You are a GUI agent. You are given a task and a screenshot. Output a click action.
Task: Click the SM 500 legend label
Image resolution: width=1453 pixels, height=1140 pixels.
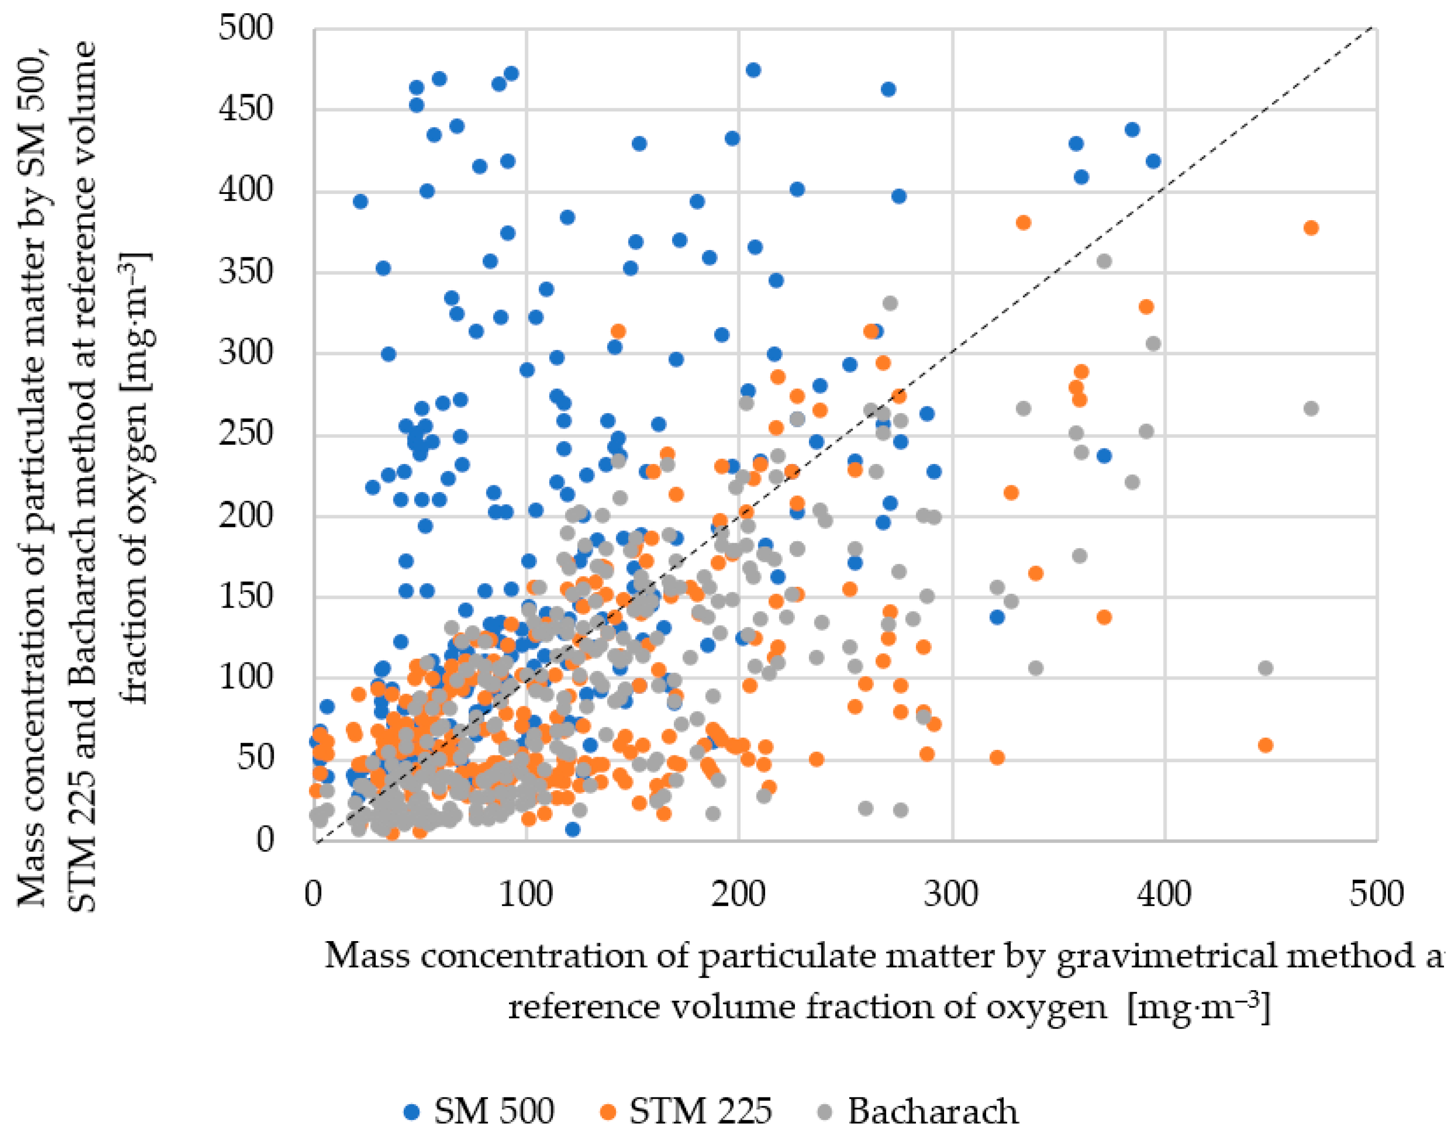[x=494, y=1112]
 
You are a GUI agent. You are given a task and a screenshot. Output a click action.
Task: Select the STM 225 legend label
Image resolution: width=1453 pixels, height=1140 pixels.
[x=700, y=1112]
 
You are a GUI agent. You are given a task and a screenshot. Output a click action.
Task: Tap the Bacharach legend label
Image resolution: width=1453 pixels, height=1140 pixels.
[x=933, y=1112]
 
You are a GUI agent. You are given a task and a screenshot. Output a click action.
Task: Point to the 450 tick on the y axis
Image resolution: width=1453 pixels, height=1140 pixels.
[x=246, y=109]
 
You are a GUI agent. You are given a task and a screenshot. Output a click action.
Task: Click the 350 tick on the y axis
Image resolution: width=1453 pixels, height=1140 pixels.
[x=246, y=272]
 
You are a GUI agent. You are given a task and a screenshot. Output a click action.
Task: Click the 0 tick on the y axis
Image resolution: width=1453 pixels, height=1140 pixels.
[x=265, y=840]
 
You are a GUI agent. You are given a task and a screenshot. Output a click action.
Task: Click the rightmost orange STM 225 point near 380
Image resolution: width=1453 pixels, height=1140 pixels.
[x=1310, y=228]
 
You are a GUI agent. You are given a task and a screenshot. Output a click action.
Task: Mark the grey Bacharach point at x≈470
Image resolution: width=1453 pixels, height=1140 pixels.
[x=1310, y=409]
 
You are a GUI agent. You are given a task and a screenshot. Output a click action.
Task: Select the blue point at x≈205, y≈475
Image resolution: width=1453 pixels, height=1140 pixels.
[x=753, y=70]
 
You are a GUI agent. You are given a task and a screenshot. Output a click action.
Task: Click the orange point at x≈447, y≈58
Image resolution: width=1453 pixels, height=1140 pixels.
[x=1265, y=745]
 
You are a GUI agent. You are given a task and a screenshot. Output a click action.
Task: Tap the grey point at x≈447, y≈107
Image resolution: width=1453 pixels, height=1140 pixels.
[x=1265, y=668]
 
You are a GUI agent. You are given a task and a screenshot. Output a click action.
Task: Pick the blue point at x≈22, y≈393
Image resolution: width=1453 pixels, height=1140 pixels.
[x=360, y=202]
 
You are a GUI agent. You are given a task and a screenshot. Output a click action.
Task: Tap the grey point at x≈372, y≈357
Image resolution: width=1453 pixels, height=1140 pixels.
[x=1104, y=261]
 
